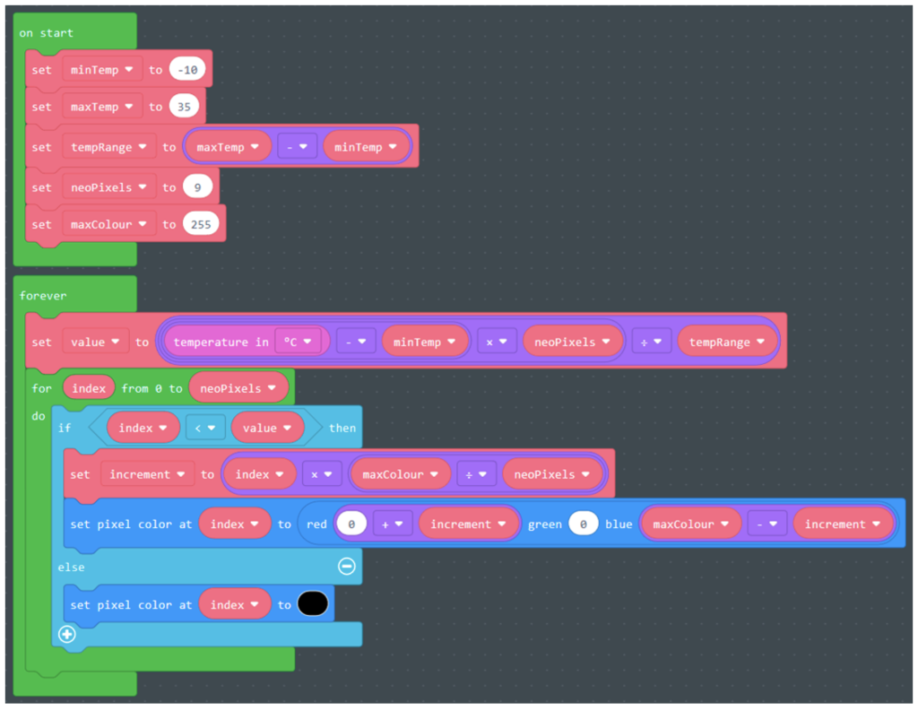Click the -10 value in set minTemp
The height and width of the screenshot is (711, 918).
pyautogui.click(x=188, y=69)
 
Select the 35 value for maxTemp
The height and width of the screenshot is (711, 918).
pyautogui.click(x=184, y=107)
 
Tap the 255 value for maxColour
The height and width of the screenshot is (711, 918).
pyautogui.click(x=201, y=224)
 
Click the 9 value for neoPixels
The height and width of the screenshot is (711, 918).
pyautogui.click(x=195, y=186)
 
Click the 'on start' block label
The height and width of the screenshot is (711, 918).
pyautogui.click(x=47, y=33)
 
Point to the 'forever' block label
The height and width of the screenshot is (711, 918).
pyautogui.click(x=43, y=295)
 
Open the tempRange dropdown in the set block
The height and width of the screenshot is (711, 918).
pyautogui.click(x=108, y=147)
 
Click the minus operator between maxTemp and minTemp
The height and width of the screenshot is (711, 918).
pyautogui.click(x=297, y=147)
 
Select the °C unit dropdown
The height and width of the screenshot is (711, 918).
pyautogui.click(x=297, y=342)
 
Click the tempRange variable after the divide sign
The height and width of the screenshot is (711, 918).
pyautogui.click(x=727, y=342)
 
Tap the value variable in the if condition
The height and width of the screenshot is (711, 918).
pyautogui.click(x=266, y=428)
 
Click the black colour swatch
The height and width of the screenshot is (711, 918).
pyautogui.click(x=314, y=605)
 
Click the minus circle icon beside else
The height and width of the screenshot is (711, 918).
pyautogui.click(x=346, y=567)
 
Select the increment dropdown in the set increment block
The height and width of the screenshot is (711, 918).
pyautogui.click(x=146, y=474)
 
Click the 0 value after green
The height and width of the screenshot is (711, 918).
pyautogui.click(x=583, y=525)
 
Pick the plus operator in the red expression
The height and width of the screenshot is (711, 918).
pyautogui.click(x=390, y=525)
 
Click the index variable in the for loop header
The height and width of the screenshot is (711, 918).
pyautogui.click(x=88, y=388)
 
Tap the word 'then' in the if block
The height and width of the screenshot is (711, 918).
pyautogui.click(x=342, y=428)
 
